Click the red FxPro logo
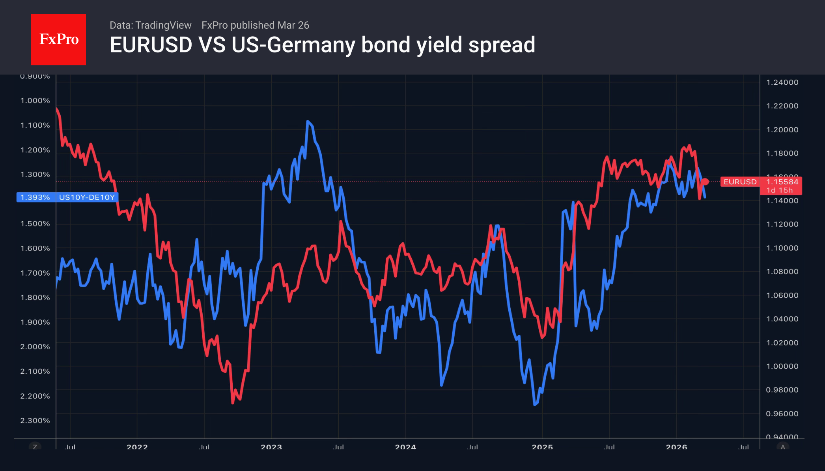(x=58, y=39)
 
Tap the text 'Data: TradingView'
(x=150, y=25)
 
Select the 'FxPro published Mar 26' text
(x=255, y=25)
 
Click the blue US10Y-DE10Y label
(x=87, y=197)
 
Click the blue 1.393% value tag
(x=35, y=197)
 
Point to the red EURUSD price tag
(x=740, y=182)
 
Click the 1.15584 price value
(x=782, y=182)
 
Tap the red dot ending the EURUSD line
(x=706, y=182)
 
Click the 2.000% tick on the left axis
(x=35, y=347)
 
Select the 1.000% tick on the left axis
(x=35, y=100)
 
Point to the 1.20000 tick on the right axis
(x=782, y=130)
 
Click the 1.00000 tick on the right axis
(x=782, y=366)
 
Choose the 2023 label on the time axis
(x=271, y=447)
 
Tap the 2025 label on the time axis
(x=542, y=447)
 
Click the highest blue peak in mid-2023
(x=308, y=121)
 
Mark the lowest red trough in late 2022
(x=233, y=403)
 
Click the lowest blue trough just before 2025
(x=535, y=404)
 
